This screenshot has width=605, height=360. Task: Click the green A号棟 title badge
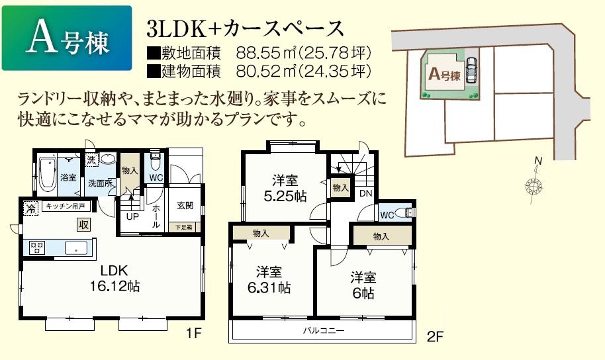pyautogui.click(x=66, y=38)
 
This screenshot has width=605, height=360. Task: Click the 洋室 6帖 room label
pyautogui.click(x=363, y=284)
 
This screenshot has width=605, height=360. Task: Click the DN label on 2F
pyautogui.click(x=365, y=194)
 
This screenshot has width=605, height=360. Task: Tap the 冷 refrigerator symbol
pyautogui.click(x=30, y=207)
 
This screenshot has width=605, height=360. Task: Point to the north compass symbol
pyautogui.click(x=534, y=183)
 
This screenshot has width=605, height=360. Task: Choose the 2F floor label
pyautogui.click(x=434, y=336)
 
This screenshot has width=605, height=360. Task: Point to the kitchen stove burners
pyautogui.click(x=37, y=247)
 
